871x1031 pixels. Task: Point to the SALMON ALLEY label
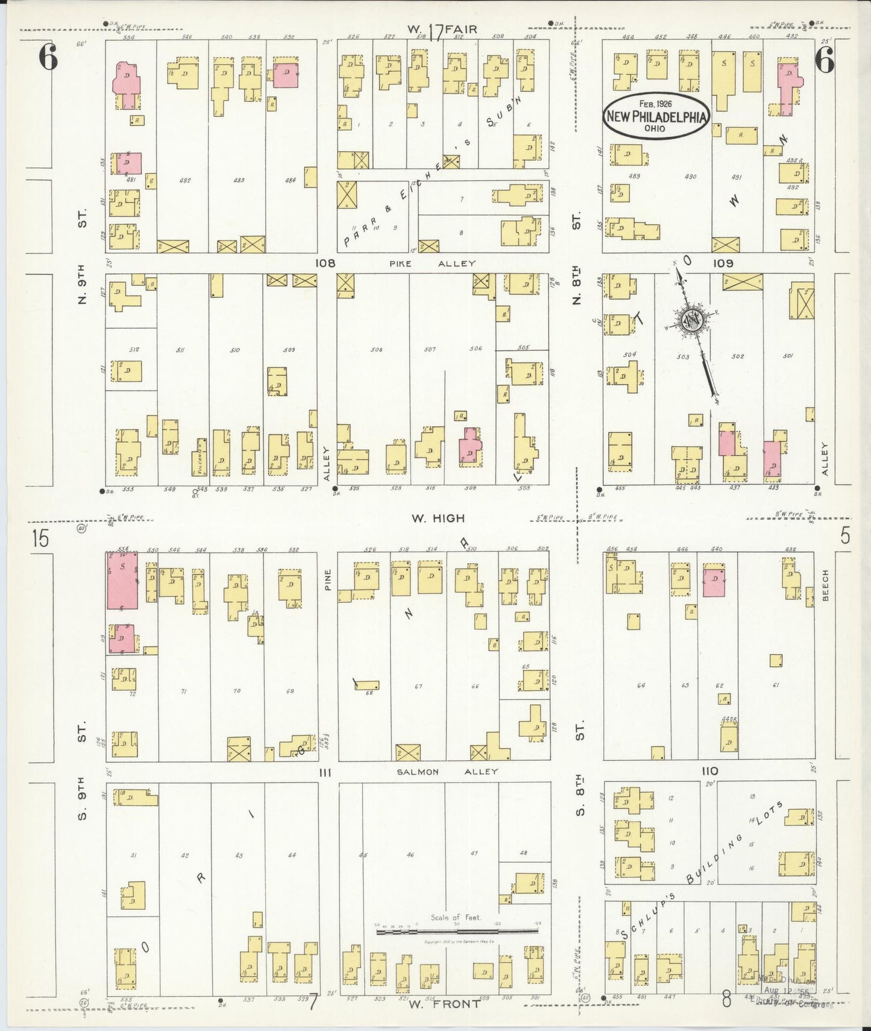point(447,771)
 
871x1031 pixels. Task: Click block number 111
point(326,772)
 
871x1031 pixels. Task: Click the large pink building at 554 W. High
point(122,581)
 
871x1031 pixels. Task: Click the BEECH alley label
point(825,585)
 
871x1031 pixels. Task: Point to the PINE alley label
point(329,578)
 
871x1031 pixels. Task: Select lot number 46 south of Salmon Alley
point(410,854)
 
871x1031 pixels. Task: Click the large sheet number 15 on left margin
point(40,538)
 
